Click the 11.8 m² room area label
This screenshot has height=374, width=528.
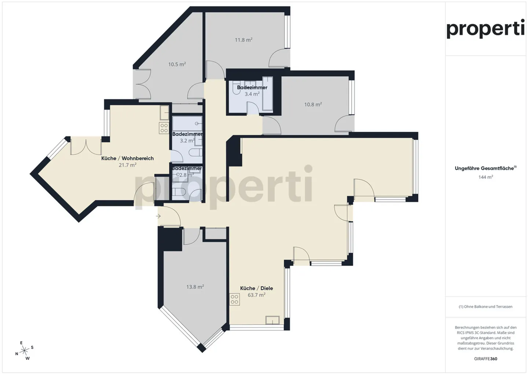pyautogui.click(x=243, y=40)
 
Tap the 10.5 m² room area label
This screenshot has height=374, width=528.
pyautogui.click(x=177, y=64)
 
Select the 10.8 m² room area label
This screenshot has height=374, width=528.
pyautogui.click(x=313, y=104)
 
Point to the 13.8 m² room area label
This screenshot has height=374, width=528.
pyautogui.click(x=195, y=287)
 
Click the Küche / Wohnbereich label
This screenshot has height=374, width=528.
pyautogui.click(x=127, y=158)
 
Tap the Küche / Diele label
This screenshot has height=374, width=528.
pyautogui.click(x=256, y=288)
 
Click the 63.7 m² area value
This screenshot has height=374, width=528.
pyautogui.click(x=256, y=295)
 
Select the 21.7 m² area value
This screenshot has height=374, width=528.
pyautogui.click(x=127, y=165)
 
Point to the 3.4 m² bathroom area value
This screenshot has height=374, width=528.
pyautogui.click(x=252, y=94)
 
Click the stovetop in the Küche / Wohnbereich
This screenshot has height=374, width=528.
pyautogui.click(x=164, y=128)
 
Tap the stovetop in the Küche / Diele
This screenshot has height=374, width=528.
pyautogui.click(x=234, y=299)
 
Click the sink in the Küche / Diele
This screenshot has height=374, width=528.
pyautogui.click(x=272, y=320)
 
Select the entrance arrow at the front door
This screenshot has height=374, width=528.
pyautogui.click(x=158, y=216)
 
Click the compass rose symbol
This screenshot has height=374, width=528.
pyautogui.click(x=25, y=351)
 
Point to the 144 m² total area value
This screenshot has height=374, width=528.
pyautogui.click(x=485, y=177)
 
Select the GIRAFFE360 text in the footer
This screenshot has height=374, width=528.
pyautogui.click(x=485, y=359)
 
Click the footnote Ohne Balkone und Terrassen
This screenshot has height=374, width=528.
pyautogui.click(x=485, y=306)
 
